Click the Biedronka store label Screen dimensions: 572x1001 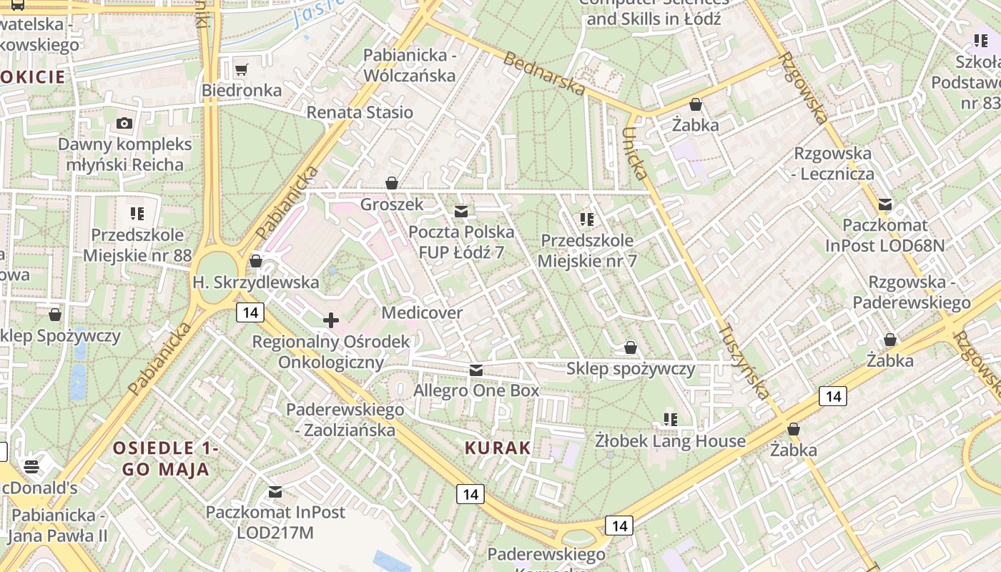[242, 91]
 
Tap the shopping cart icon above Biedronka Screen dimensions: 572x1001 [242, 69]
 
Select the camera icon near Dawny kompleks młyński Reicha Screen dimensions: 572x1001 [124, 123]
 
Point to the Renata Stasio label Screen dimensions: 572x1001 [360, 112]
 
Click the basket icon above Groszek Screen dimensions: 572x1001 [391, 183]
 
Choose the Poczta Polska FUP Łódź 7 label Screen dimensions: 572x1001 [461, 242]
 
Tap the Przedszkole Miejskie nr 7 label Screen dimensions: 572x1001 [587, 250]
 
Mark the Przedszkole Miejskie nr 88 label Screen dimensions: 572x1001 [137, 245]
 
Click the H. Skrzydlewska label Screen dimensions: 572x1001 [255, 282]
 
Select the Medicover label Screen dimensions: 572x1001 [422, 312]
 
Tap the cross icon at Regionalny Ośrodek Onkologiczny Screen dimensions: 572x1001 [330, 320]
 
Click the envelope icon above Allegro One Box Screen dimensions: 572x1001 [475, 370]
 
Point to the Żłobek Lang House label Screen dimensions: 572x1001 [670, 441]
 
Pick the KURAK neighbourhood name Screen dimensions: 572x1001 [498, 448]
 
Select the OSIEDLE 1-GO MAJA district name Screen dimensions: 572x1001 [165, 458]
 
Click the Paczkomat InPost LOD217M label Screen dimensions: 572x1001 [275, 522]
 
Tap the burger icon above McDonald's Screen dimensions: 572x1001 [31, 467]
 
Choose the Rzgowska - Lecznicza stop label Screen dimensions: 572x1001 [834, 163]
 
